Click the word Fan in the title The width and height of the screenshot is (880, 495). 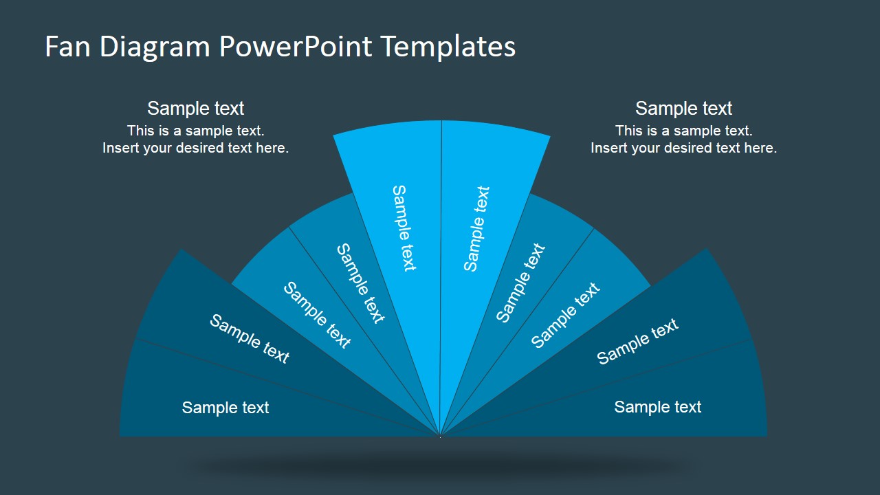[x=67, y=46]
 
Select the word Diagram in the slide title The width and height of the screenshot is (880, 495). [x=155, y=47]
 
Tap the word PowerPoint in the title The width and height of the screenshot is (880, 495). [x=296, y=46]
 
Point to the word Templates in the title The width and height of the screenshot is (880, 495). [x=449, y=47]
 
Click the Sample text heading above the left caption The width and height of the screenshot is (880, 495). [x=196, y=109]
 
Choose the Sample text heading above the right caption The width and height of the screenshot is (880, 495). [x=683, y=109]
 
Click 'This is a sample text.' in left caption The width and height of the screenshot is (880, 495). [x=196, y=131]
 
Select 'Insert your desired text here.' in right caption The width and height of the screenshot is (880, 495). [x=683, y=148]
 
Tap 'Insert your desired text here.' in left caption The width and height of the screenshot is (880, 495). [x=196, y=148]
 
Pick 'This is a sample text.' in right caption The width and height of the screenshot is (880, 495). [x=683, y=131]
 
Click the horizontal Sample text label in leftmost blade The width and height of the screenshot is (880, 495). [x=225, y=408]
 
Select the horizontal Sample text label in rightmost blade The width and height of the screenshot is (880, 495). [x=658, y=407]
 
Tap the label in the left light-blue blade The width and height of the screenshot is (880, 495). [x=404, y=228]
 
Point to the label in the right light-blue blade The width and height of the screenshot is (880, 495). [x=476, y=229]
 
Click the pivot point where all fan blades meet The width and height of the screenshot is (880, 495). [x=440, y=436]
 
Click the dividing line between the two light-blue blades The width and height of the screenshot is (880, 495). [x=441, y=278]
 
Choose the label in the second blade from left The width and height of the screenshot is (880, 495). [x=250, y=339]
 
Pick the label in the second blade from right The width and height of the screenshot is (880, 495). [x=637, y=342]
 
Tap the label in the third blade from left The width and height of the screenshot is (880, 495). [x=317, y=315]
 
